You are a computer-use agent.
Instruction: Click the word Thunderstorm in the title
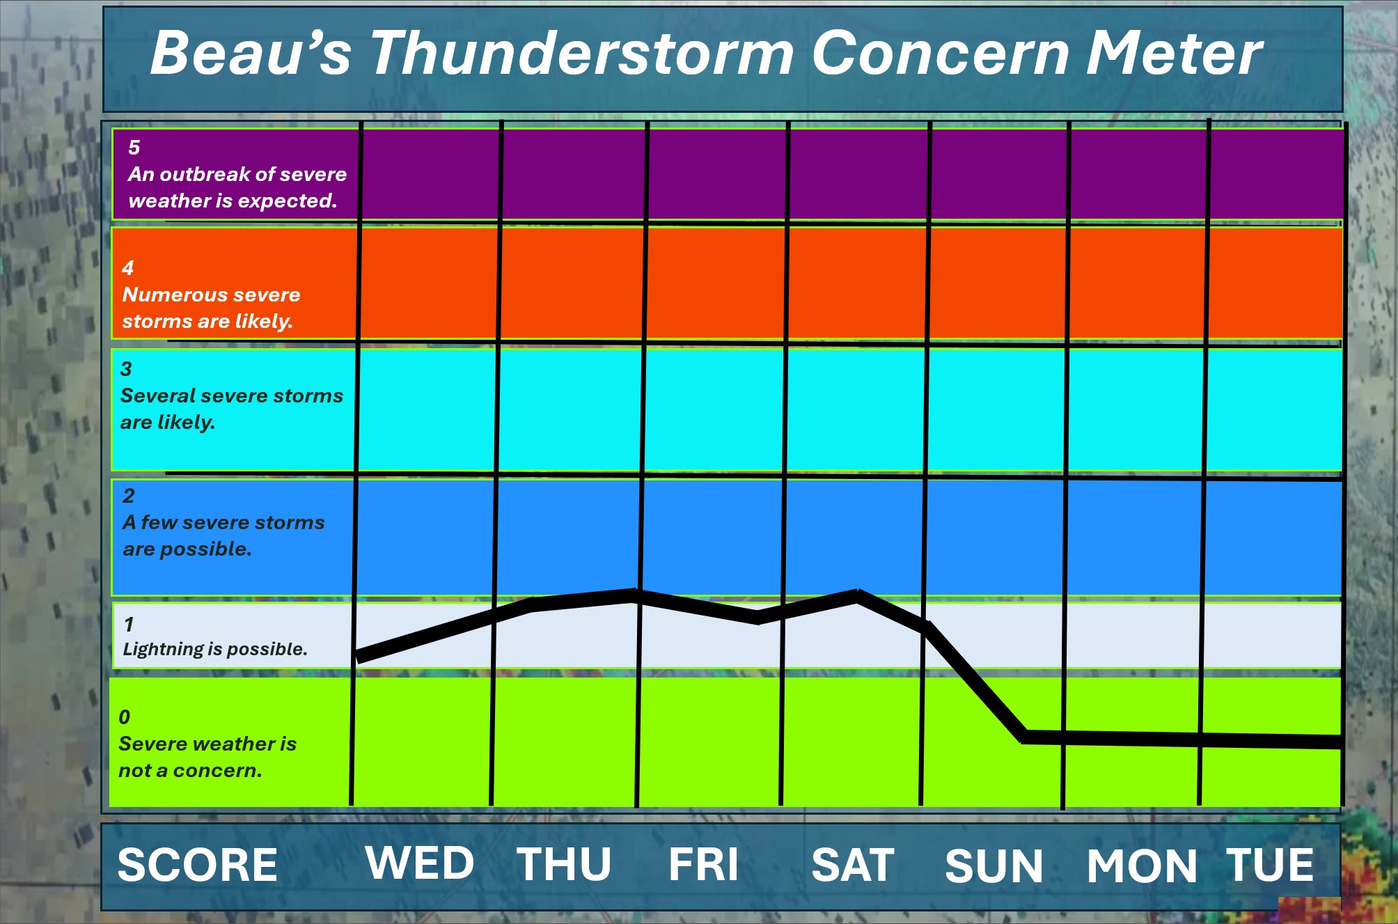point(582,53)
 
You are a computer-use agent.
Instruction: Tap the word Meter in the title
point(1174,53)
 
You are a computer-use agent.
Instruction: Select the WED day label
point(420,863)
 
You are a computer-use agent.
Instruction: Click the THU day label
point(564,864)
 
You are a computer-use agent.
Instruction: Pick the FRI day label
point(703,864)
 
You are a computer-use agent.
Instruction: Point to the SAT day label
point(853,865)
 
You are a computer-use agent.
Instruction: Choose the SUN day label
point(994,866)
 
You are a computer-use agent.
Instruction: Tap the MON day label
point(1142,866)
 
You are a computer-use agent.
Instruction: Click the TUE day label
point(1270,865)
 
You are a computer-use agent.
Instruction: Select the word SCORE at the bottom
point(198,865)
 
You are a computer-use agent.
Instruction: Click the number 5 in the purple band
point(134,148)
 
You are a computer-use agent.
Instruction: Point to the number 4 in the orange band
point(128,268)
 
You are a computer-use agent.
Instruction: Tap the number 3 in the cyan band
point(126,369)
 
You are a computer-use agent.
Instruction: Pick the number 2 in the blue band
point(129,496)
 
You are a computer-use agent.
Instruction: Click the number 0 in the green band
point(125,717)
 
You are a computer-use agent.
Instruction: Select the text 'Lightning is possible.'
point(215,649)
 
